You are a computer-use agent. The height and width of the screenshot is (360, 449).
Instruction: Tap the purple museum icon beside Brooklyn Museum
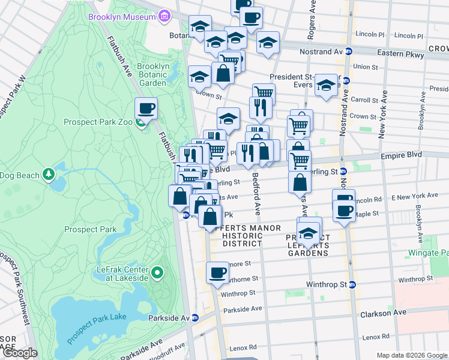pyautogui.click(x=164, y=17)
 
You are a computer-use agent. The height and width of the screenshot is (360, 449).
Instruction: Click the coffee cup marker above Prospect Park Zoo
pyautogui.click(x=146, y=110)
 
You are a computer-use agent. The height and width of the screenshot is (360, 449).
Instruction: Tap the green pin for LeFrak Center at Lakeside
pyautogui.click(x=157, y=274)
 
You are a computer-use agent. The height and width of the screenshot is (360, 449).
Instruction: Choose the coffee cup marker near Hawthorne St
pyautogui.click(x=217, y=274)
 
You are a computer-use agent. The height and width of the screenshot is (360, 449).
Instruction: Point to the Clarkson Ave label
pyautogui.click(x=383, y=313)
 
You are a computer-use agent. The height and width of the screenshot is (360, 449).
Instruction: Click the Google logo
pyautogui.click(x=20, y=353)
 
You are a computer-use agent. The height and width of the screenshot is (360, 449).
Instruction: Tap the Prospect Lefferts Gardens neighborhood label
pyautogui.click(x=307, y=245)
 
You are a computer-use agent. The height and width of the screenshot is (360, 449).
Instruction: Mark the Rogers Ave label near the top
pyautogui.click(x=312, y=21)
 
